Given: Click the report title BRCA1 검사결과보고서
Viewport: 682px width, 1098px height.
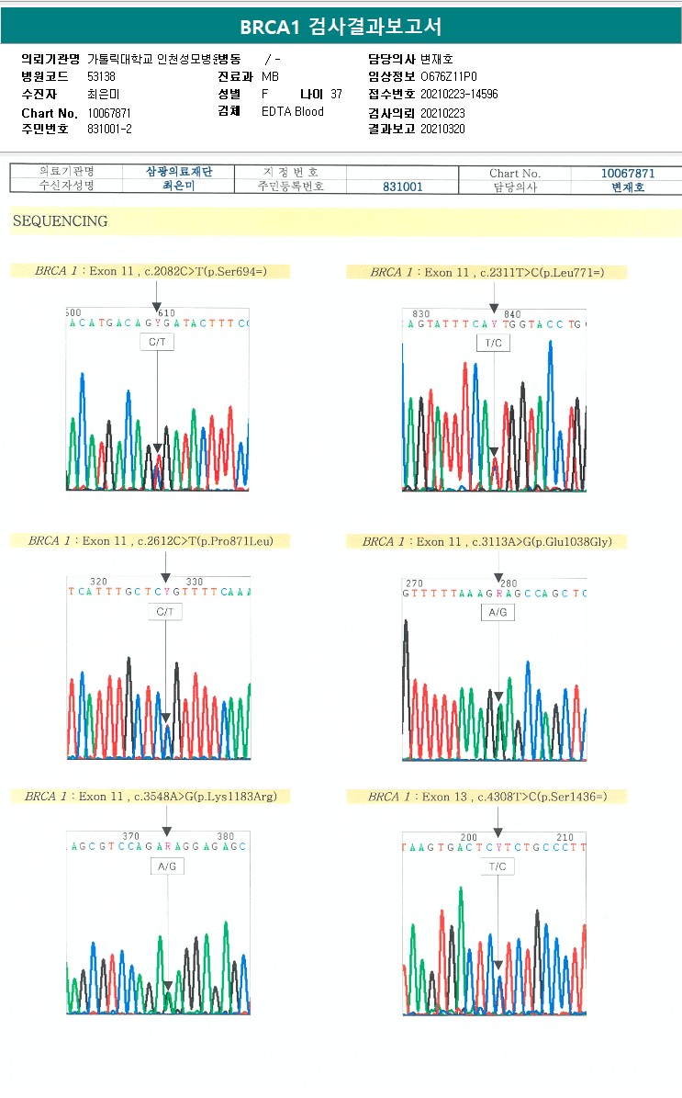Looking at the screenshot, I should click(341, 27).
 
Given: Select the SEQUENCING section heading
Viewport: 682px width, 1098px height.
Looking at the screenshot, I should click(60, 221).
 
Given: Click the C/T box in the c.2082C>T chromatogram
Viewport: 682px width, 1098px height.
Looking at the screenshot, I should click(157, 343).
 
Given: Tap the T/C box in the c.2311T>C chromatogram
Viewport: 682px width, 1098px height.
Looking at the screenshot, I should click(494, 343).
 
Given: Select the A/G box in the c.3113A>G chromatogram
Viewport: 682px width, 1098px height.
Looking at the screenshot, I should click(498, 612).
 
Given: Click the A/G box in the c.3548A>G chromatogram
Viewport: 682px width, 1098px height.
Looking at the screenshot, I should click(168, 866).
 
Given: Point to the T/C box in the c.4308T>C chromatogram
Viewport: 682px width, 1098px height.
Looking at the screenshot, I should click(498, 866).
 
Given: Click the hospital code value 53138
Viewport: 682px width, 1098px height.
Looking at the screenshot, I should click(101, 77).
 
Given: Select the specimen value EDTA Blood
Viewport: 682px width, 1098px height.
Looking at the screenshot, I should click(292, 112).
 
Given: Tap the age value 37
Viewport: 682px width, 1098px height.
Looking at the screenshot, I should click(336, 95).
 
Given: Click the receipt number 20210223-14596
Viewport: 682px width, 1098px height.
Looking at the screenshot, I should click(459, 95).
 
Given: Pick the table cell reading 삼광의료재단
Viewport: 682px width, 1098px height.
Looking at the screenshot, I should click(179, 172).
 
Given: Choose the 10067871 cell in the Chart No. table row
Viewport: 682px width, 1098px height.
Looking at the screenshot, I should click(627, 173).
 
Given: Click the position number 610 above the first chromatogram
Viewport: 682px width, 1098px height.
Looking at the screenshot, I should click(166, 313).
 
